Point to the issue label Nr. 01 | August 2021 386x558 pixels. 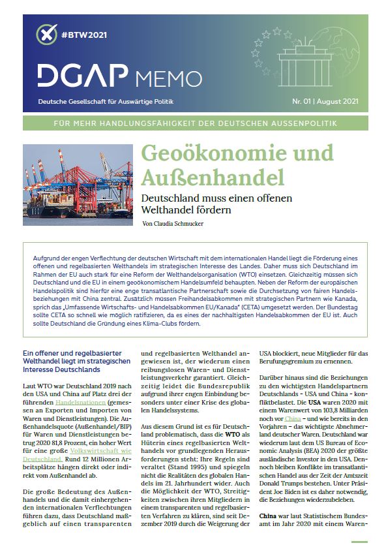pyautogui.click(x=323, y=102)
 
